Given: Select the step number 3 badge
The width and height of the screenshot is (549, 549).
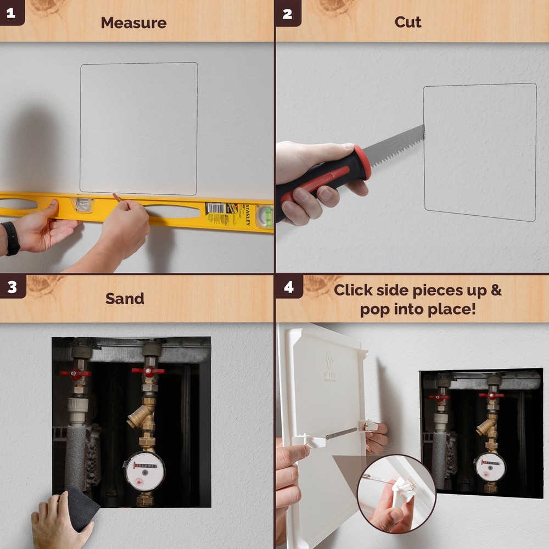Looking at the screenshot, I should (x=12, y=287).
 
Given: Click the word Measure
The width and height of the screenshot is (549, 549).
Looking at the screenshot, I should (x=133, y=23).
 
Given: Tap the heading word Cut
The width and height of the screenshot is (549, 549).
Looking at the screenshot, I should (x=408, y=23).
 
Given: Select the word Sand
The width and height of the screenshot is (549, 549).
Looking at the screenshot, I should (x=125, y=299).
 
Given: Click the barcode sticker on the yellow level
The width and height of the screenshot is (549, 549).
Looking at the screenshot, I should (x=216, y=209).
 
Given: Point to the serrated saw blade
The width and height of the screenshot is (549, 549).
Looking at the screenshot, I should (x=395, y=142).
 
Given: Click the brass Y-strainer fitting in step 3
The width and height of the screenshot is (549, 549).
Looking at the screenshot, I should (x=141, y=414).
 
